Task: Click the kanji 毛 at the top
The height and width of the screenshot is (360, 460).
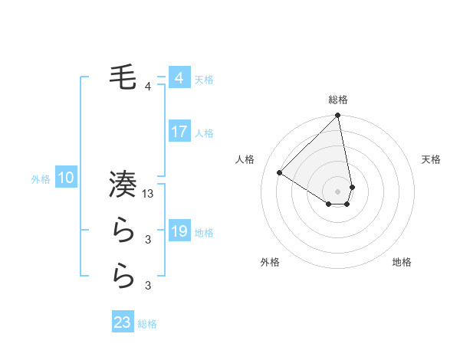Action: [x=123, y=78]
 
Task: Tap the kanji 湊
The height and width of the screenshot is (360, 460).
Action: [x=123, y=185]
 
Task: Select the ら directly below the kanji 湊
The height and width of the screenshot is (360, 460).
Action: [x=123, y=231]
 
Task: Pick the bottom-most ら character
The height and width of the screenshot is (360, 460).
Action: [x=123, y=277]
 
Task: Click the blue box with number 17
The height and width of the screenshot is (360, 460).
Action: [x=179, y=132]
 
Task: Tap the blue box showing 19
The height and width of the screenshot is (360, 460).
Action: [x=179, y=231]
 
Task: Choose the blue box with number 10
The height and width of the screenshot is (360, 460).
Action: [x=66, y=178]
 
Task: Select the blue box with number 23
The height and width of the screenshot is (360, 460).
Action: [x=123, y=322]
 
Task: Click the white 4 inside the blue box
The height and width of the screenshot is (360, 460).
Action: [x=179, y=78]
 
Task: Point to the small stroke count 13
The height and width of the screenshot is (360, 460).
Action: [x=149, y=195]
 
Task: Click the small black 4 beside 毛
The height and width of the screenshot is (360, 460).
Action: [x=148, y=87]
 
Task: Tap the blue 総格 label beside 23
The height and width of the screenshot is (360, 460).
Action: [x=147, y=324]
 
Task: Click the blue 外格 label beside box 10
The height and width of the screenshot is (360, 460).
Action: [x=41, y=179]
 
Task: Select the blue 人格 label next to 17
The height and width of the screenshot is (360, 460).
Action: [x=204, y=133]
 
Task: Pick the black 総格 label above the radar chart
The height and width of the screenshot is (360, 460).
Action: [x=337, y=100]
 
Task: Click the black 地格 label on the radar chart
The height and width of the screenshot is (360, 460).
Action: [x=402, y=263]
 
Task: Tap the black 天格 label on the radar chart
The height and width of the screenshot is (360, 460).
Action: [x=431, y=159]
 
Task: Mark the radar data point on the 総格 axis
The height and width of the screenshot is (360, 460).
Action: [x=337, y=116]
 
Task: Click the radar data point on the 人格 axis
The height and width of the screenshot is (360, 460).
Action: [x=280, y=172]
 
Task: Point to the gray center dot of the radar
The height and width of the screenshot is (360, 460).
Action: [x=337, y=191]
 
